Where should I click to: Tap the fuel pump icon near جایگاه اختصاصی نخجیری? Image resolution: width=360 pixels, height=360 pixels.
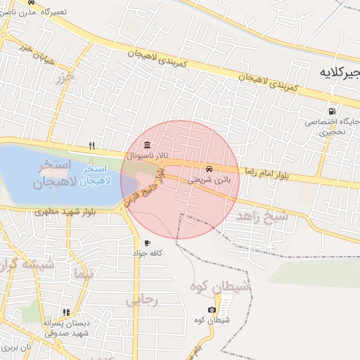332,111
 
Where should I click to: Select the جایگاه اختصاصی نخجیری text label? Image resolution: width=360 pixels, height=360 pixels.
332,126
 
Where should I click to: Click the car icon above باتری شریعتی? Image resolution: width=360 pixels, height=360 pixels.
209,169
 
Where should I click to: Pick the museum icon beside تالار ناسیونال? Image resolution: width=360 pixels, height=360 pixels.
146,145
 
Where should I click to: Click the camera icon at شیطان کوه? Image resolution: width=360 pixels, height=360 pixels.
212,310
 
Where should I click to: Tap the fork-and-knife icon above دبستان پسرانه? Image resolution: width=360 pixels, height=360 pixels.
66,312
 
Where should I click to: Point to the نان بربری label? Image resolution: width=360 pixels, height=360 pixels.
17,347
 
